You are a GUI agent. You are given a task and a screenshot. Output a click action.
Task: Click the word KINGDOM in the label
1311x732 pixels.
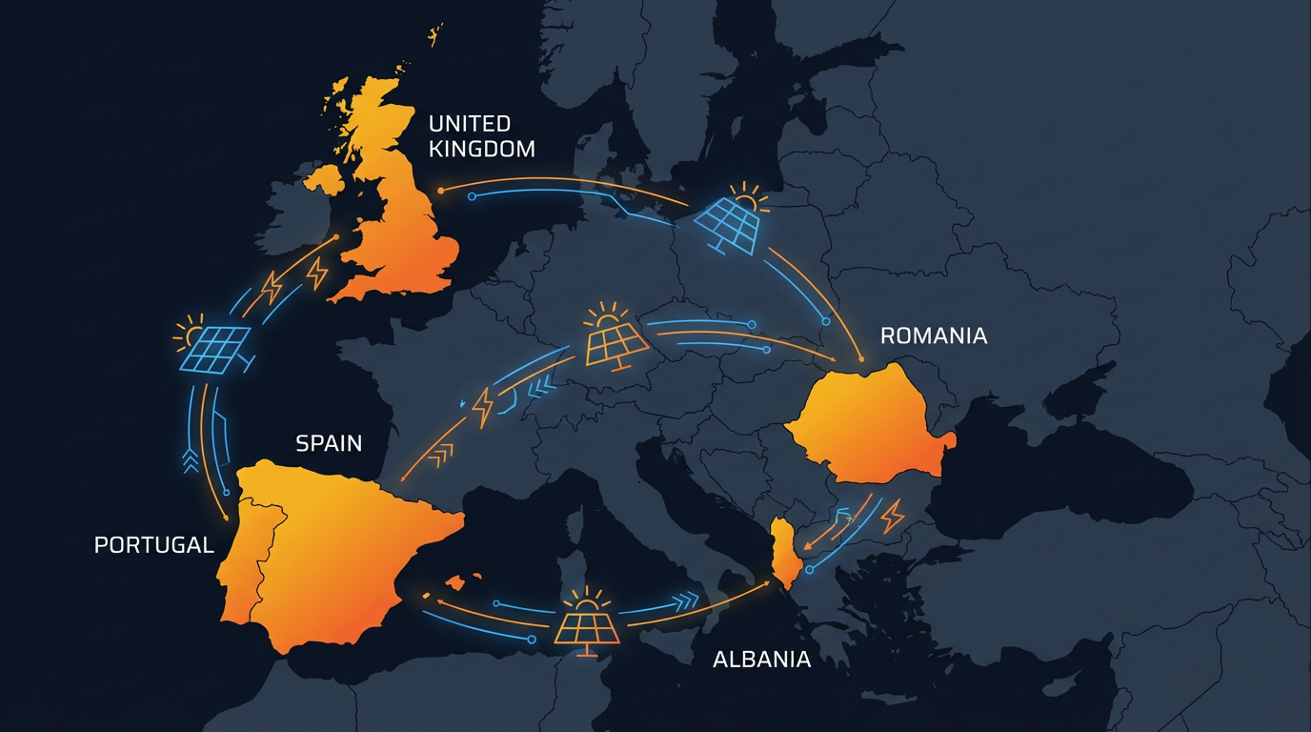tap(481, 149)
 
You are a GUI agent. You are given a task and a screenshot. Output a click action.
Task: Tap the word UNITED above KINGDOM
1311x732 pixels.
tap(470, 124)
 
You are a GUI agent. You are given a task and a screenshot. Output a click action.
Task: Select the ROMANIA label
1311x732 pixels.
tap(934, 335)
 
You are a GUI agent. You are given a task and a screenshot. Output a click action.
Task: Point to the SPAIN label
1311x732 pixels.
tap(329, 443)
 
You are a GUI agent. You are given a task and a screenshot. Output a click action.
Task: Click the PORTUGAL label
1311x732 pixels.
tap(154, 544)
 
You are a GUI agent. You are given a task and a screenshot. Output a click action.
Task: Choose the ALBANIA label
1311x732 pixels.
tap(762, 659)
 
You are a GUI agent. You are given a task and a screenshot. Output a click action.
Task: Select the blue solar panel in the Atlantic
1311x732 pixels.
tap(213, 346)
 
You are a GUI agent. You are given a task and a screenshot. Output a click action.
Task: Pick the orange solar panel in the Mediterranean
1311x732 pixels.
tap(585, 623)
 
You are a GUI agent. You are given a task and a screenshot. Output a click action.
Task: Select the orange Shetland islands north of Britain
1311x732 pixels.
tap(435, 36)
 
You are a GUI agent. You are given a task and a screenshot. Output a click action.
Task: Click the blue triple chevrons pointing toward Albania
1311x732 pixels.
tap(683, 601)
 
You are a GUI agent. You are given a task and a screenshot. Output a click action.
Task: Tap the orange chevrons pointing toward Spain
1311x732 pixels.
tap(441, 456)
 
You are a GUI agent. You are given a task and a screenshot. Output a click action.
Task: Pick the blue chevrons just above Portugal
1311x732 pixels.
tap(191, 460)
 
